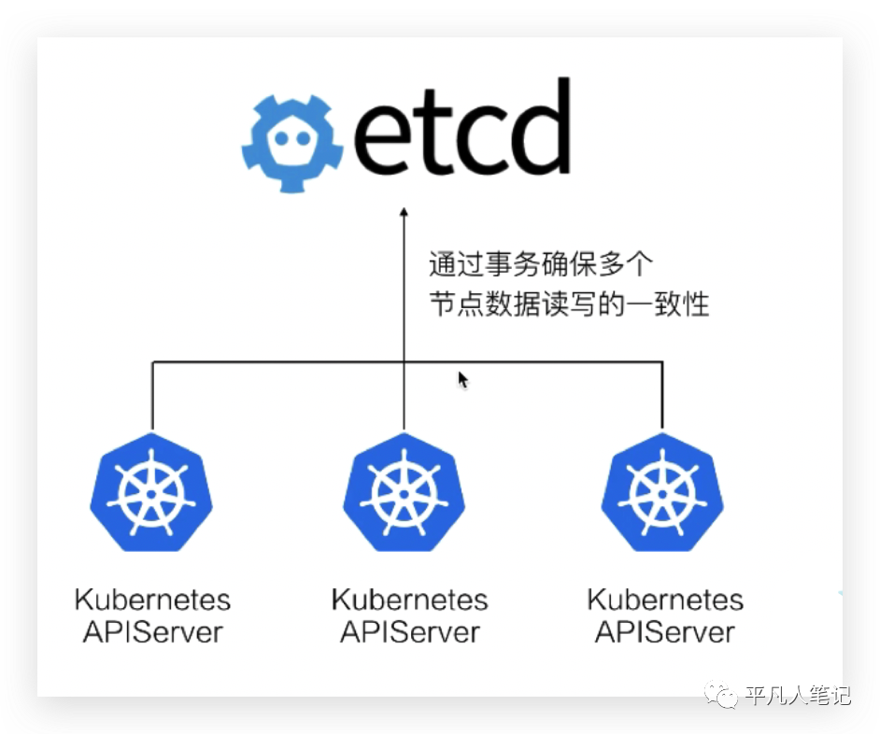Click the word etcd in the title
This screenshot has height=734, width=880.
coord(462,130)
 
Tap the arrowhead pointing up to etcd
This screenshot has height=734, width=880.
coord(405,214)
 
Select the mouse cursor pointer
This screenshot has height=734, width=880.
coord(462,378)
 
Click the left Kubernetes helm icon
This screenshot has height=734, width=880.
coord(151,491)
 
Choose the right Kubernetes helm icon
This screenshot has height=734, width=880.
coord(662,491)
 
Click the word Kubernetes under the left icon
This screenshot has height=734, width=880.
coord(152,599)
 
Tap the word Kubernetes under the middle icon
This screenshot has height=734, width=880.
coord(409,599)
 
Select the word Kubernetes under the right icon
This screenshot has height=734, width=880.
coord(665,599)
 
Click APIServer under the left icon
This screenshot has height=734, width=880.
coord(152,631)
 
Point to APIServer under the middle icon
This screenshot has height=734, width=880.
coord(409,631)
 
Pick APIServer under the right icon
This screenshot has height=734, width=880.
coord(665,631)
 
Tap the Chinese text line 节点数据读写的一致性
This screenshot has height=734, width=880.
coord(569,303)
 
